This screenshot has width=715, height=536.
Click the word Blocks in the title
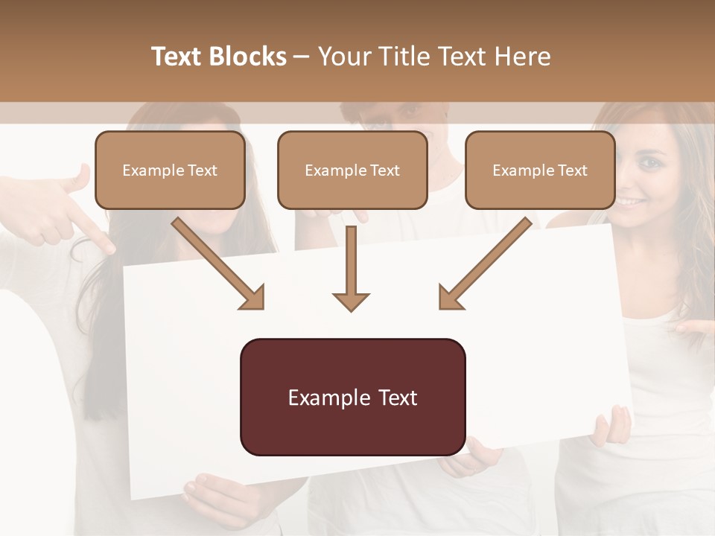247,57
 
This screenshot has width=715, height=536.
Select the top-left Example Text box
170,170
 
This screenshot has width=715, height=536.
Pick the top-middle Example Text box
352,170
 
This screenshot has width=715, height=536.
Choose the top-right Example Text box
540,170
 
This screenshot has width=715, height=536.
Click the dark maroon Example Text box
352,397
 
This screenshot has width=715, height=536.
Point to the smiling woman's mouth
632,202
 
